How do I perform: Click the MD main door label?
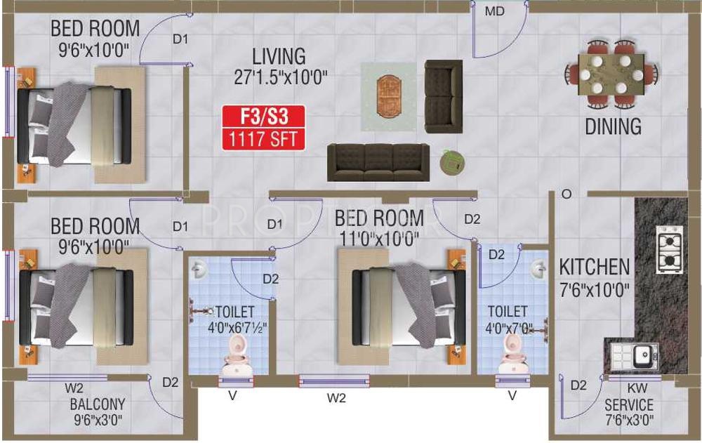(x=496, y=11)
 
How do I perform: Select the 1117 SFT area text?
(x=264, y=138)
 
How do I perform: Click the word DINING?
(x=613, y=126)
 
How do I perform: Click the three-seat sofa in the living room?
(x=378, y=162)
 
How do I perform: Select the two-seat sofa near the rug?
(x=443, y=96)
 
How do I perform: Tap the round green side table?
(x=451, y=163)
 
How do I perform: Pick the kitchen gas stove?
(x=669, y=249)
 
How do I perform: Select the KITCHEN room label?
(x=594, y=267)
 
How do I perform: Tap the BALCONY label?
(x=98, y=404)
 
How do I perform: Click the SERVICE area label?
(x=629, y=405)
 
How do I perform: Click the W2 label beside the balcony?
(x=74, y=388)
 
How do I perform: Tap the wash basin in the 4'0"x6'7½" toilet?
(x=199, y=268)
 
